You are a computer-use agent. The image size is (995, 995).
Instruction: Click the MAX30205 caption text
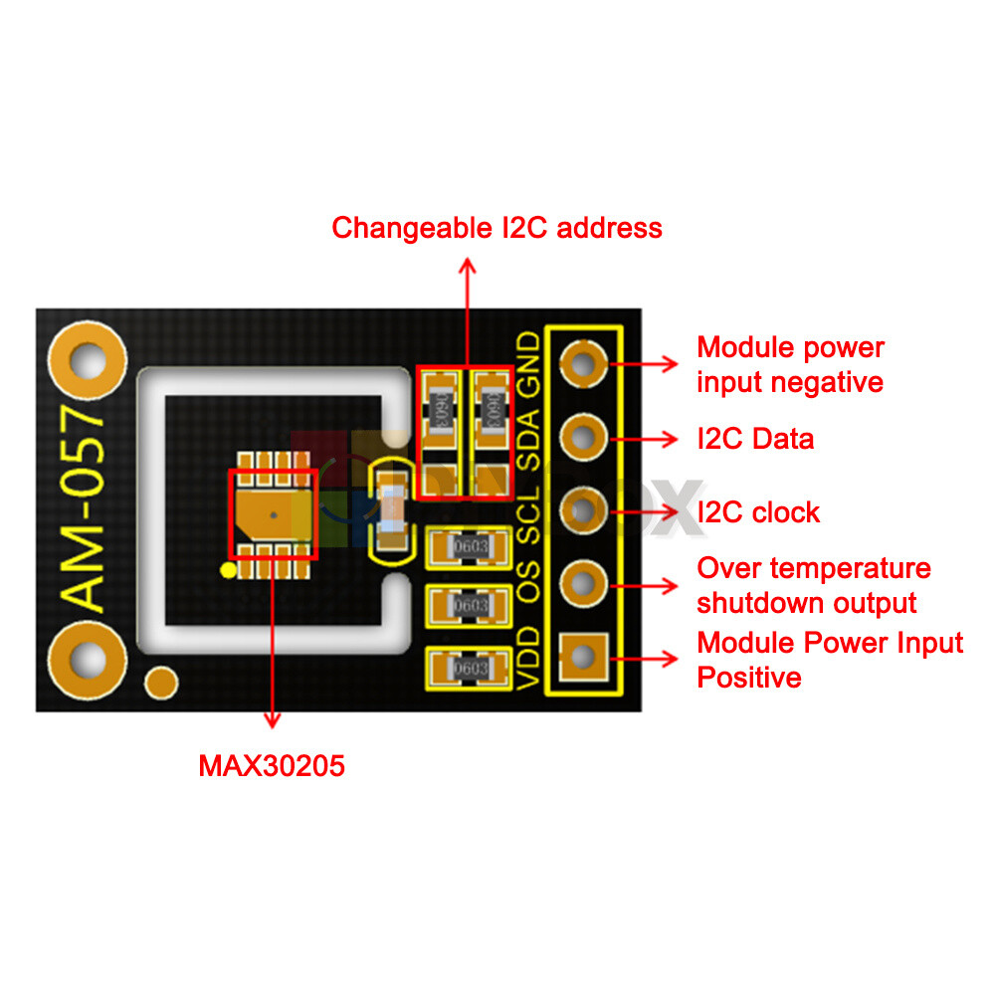pyautogui.click(x=272, y=766)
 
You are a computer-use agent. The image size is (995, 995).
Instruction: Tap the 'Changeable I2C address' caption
pyautogui.click(x=497, y=228)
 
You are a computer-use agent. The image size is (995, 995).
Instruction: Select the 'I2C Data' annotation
pyautogui.click(x=755, y=439)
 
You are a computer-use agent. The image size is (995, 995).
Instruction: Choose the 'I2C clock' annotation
pyautogui.click(x=758, y=512)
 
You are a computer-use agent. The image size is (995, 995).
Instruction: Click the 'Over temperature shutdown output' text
pyautogui.click(x=814, y=585)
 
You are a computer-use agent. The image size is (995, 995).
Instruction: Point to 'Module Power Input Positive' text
pyautogui.click(x=830, y=660)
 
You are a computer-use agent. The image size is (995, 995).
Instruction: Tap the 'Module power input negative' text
pyautogui.click(x=790, y=364)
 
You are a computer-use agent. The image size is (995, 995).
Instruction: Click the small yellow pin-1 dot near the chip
pyautogui.click(x=228, y=570)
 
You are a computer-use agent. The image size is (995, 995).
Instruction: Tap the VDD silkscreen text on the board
pyautogui.click(x=530, y=659)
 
